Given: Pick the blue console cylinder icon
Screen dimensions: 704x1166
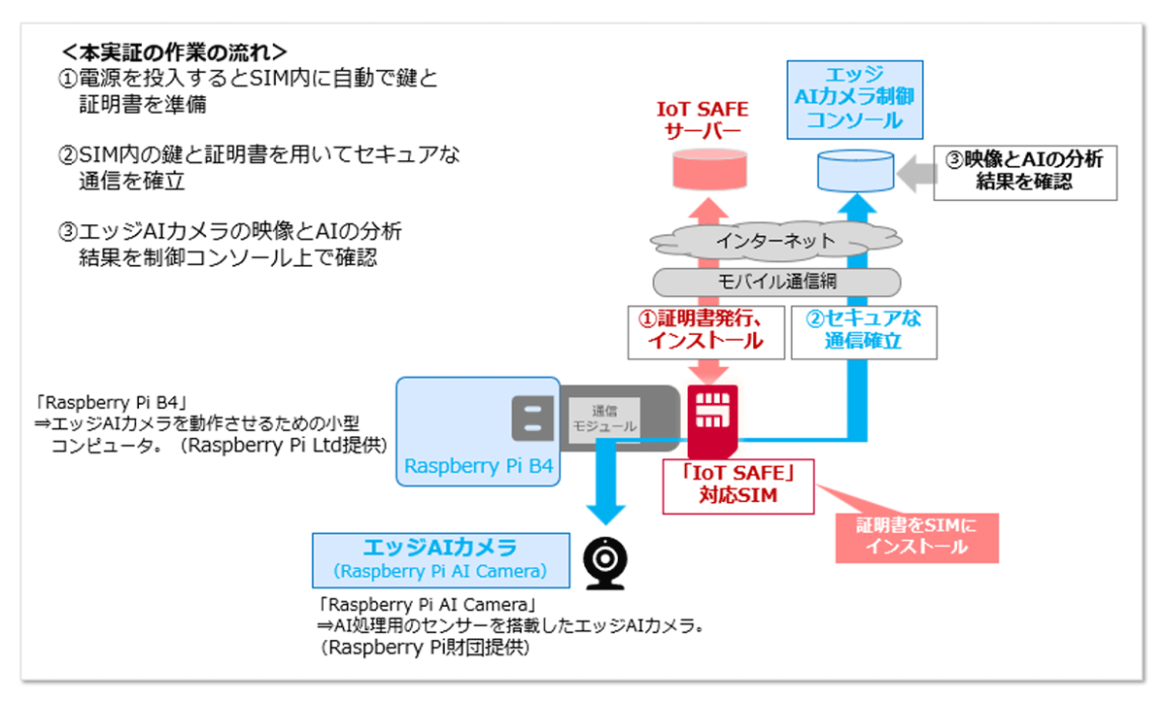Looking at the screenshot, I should [x=855, y=171].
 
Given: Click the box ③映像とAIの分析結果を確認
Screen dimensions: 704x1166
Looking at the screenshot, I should [x=1025, y=171].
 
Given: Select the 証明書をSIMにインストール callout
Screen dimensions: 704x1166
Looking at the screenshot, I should [x=917, y=535].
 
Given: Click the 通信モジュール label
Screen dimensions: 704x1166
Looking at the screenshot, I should [x=603, y=419].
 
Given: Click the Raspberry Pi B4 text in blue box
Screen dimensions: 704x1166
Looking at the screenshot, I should [x=478, y=466].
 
